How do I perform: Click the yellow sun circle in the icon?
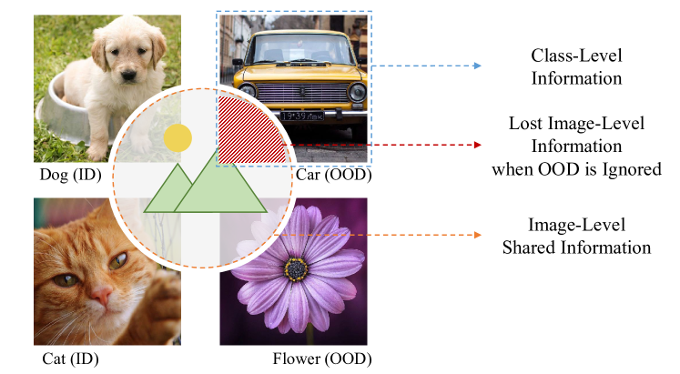coord(178,137)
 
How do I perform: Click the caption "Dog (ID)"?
coord(66,174)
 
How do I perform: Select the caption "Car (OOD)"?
coord(333,174)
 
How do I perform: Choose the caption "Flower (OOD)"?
coord(322,359)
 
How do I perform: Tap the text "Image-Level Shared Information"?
coord(576,235)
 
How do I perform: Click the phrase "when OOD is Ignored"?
coord(576,168)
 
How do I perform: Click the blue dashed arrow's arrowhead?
coord(476,66)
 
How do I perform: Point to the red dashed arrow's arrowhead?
coord(476,145)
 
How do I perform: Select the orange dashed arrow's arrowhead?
coord(476,236)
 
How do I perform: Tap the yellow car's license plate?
coord(302,116)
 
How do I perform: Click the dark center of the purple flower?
coord(295,268)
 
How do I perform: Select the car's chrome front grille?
coord(299,93)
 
